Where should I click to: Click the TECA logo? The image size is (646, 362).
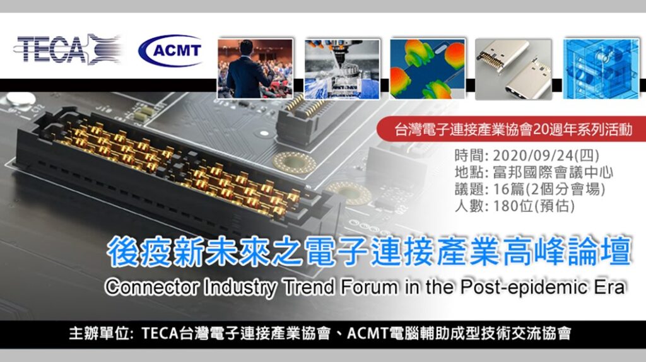[x=68, y=49]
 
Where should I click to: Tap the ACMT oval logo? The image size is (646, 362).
[x=170, y=50]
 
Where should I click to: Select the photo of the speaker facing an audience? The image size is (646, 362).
[x=255, y=69]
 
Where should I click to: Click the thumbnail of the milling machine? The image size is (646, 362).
[x=342, y=69]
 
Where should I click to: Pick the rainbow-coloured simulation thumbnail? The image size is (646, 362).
[x=428, y=69]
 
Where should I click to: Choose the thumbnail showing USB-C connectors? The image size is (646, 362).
[x=514, y=69]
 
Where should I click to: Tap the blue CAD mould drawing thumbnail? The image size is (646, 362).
[x=601, y=69]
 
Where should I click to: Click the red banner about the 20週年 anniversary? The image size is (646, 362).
[x=511, y=129]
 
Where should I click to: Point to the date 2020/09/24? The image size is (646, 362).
[x=534, y=156]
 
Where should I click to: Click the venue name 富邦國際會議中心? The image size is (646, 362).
[x=553, y=172]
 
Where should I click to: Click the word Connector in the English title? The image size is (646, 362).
[x=151, y=286]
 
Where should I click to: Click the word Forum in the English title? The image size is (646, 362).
[x=368, y=286]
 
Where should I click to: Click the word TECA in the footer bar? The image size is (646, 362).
[x=160, y=333]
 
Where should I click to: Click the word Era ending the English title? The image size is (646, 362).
[x=612, y=286]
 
